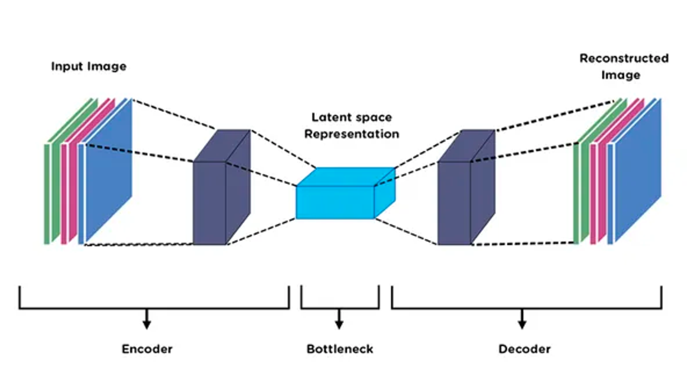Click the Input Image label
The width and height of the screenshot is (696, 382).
tap(89, 66)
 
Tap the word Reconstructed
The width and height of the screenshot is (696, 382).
tap(624, 58)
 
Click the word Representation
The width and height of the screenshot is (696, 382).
tap(351, 134)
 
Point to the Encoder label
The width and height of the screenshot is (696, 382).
tap(147, 349)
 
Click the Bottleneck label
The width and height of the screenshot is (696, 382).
tap(340, 349)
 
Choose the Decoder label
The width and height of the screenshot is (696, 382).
tap(524, 349)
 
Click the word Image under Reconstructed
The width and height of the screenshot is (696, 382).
tap(620, 75)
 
